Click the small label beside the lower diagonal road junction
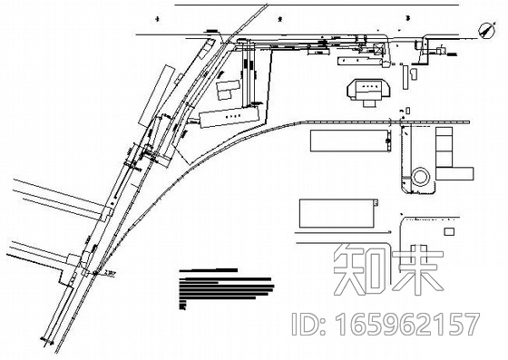tap(112, 268)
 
